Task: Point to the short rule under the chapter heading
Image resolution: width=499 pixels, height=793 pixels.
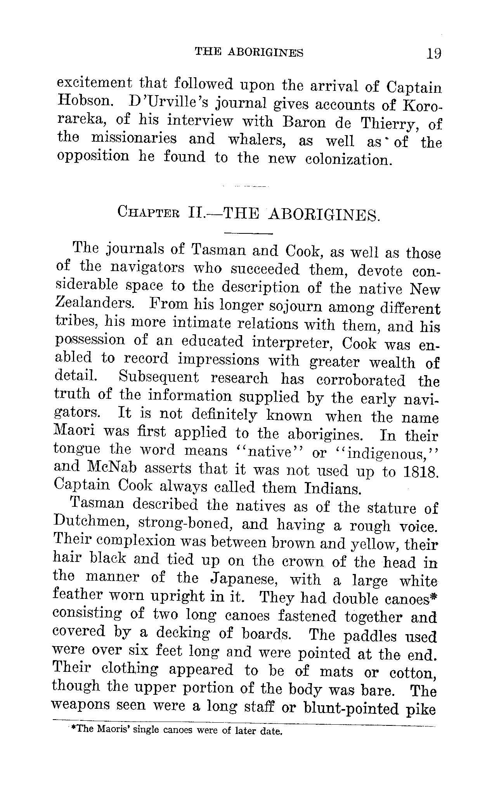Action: [x=249, y=233]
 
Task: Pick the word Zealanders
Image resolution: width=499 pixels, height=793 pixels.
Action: [x=92, y=303]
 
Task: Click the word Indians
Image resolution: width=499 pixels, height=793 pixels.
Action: [x=333, y=488]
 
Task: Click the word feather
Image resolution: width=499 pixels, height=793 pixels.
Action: [x=78, y=595]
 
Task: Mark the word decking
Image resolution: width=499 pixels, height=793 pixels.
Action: [x=183, y=633]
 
